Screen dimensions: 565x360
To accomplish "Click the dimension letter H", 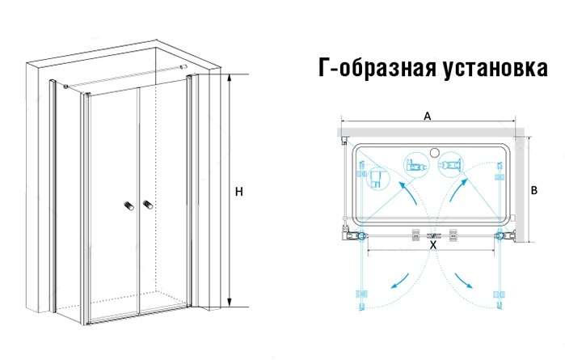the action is tap(239, 192).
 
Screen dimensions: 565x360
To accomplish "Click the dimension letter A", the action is tap(428, 116).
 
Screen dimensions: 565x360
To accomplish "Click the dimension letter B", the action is tap(534, 190).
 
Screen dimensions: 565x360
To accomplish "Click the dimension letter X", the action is tap(433, 245).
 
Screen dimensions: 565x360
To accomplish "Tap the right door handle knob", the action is tap(148, 205).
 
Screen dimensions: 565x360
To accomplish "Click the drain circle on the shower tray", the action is tap(435, 153).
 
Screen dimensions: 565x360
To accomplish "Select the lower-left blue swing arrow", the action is tap(399, 282).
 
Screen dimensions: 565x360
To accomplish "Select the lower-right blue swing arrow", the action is tap(463, 281).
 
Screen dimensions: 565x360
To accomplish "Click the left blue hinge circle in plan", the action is tap(361, 236).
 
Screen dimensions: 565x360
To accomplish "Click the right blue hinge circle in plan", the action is tap(500, 236).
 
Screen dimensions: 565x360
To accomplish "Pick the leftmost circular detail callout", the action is tap(377, 178).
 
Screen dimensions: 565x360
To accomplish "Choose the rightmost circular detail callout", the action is tap(450, 164).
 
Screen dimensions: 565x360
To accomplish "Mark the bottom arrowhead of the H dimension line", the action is tap(230, 303).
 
